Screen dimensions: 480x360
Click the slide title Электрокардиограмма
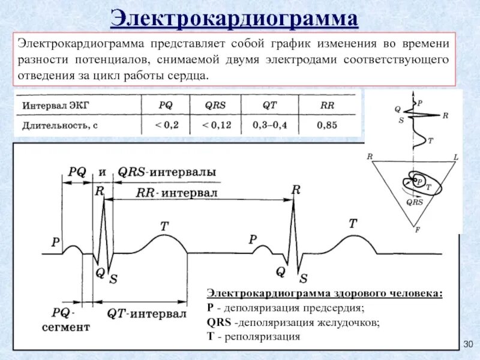click(235, 18)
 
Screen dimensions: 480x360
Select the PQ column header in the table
click(165, 104)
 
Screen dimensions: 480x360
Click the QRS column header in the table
click(215, 104)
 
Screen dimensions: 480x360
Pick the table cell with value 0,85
click(327, 125)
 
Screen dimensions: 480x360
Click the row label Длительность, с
click(59, 125)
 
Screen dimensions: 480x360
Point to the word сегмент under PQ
click(65, 327)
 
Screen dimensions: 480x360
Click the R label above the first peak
click(100, 191)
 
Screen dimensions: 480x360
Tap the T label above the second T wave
click(353, 223)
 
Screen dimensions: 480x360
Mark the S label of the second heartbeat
click(304, 278)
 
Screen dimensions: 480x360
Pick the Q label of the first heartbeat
click(100, 272)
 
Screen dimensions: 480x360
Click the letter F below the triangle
click(417, 229)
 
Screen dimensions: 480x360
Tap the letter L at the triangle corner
click(455, 157)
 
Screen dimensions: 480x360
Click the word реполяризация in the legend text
click(262, 337)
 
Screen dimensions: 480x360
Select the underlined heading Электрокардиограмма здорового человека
click(325, 293)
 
